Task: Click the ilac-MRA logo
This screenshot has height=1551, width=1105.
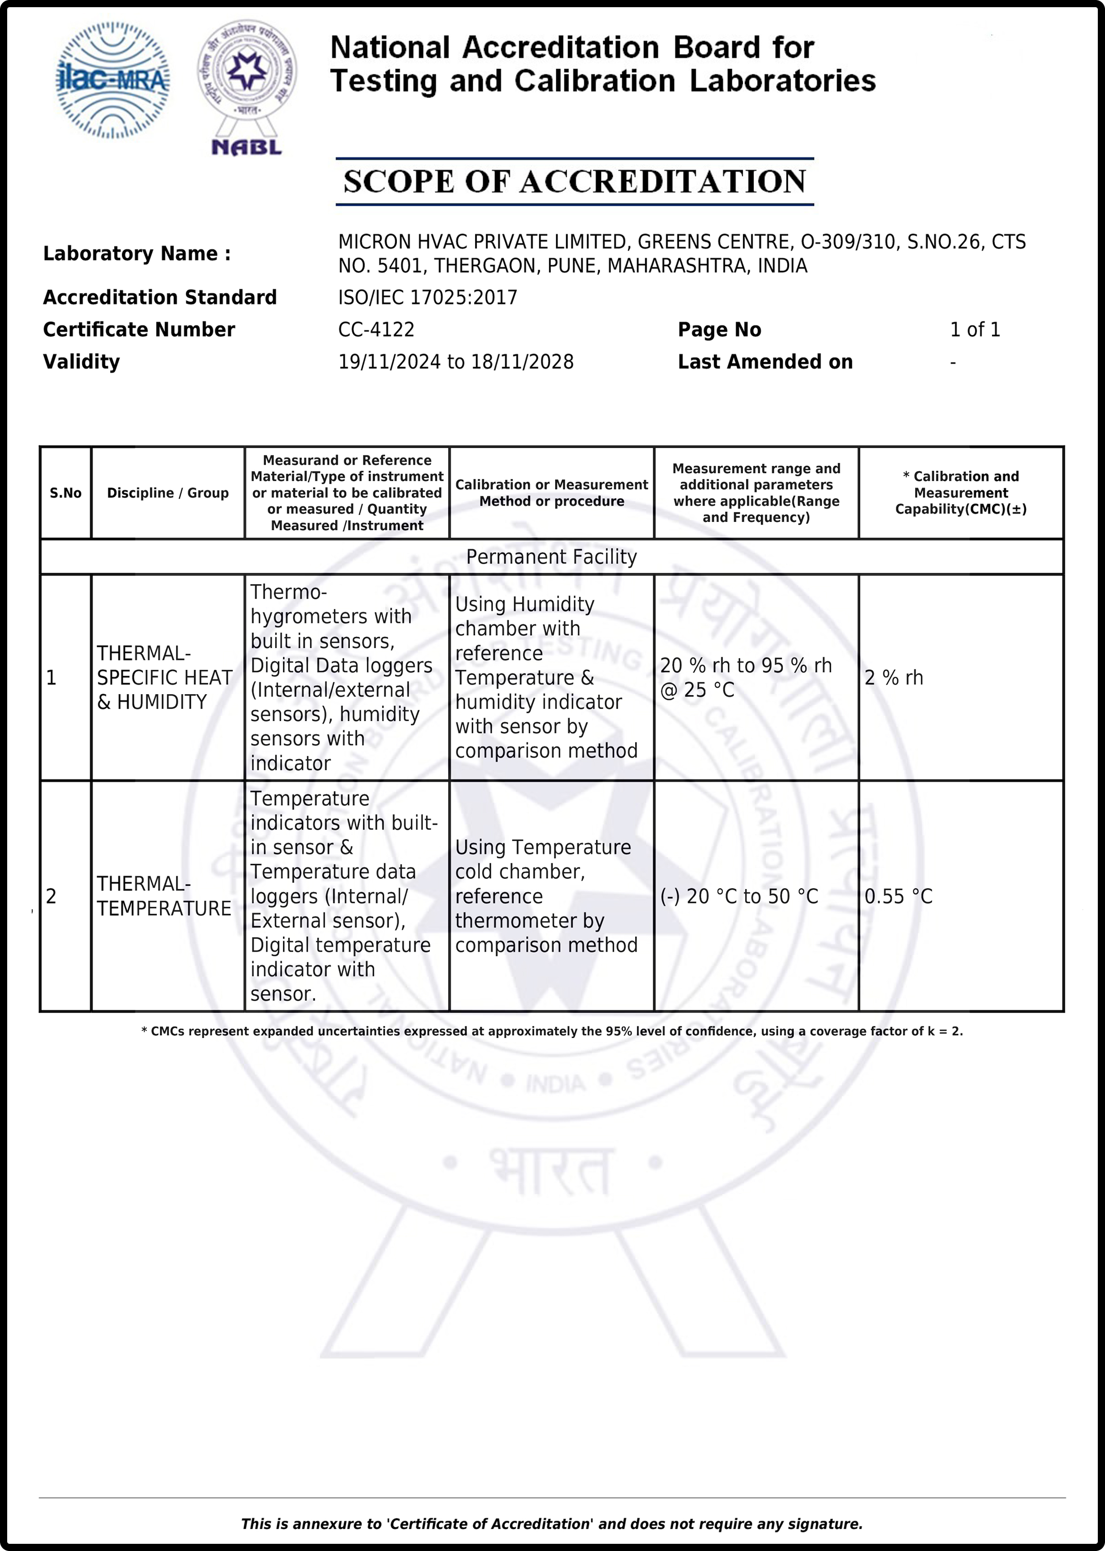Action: click(112, 80)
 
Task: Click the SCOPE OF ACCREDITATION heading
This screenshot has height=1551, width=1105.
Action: click(574, 182)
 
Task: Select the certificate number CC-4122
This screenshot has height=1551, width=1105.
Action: click(376, 330)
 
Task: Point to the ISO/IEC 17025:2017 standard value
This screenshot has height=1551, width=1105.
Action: click(427, 298)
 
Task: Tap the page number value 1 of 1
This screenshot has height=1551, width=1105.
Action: click(974, 330)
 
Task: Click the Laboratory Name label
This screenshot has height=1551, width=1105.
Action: click(137, 254)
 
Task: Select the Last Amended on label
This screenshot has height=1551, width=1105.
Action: click(765, 362)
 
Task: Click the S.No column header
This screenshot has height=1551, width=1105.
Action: click(65, 493)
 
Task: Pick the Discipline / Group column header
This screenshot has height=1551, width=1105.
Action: click(167, 493)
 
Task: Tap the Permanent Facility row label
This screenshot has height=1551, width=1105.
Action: click(551, 557)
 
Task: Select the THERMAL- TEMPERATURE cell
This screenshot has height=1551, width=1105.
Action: click(164, 896)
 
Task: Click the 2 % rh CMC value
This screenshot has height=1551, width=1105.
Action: click(893, 678)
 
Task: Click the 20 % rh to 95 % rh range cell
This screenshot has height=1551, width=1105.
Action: click(746, 678)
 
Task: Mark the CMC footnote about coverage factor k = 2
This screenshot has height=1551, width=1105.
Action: click(552, 1031)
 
